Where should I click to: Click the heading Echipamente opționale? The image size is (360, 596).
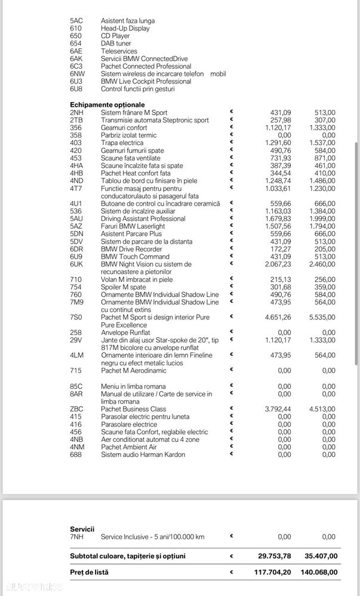point(106,105)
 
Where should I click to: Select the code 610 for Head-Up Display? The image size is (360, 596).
point(76,28)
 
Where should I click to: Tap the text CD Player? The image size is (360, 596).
point(116,36)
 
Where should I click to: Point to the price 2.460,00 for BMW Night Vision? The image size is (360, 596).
point(322,264)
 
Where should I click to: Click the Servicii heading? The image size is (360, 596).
point(82,529)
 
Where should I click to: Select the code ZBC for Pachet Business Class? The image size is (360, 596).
point(76,409)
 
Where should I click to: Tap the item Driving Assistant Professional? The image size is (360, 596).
point(143,219)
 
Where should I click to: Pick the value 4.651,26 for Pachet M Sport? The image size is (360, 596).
point(278,318)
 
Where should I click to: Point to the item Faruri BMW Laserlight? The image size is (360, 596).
point(133,226)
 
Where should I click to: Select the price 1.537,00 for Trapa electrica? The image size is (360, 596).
point(322,143)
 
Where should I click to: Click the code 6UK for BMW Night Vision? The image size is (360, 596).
point(76,264)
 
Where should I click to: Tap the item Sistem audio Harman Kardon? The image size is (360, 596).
point(143,454)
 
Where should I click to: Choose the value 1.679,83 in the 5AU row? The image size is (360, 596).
point(278,219)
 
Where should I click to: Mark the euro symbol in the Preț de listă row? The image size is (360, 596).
point(232,572)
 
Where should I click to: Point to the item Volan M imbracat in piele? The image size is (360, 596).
point(137,279)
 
